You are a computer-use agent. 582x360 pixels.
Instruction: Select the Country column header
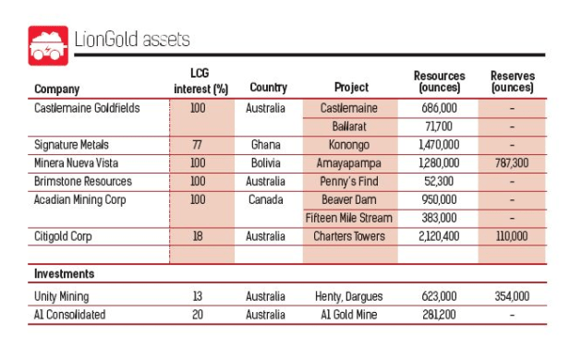click(268, 89)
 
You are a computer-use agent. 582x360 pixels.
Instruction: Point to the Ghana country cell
click(267, 145)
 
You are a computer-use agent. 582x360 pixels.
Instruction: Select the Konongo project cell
click(349, 145)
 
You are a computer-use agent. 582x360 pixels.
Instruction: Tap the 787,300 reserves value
click(512, 163)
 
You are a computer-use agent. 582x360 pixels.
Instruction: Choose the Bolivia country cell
click(267, 163)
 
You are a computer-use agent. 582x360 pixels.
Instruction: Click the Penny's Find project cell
click(349, 181)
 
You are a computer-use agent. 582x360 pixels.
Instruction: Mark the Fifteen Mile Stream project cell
click(349, 218)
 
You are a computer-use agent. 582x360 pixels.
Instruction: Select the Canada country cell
click(267, 199)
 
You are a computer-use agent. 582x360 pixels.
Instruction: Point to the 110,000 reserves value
click(512, 236)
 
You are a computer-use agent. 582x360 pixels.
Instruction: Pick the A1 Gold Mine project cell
click(349, 314)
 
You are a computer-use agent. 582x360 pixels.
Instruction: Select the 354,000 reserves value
click(512, 295)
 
